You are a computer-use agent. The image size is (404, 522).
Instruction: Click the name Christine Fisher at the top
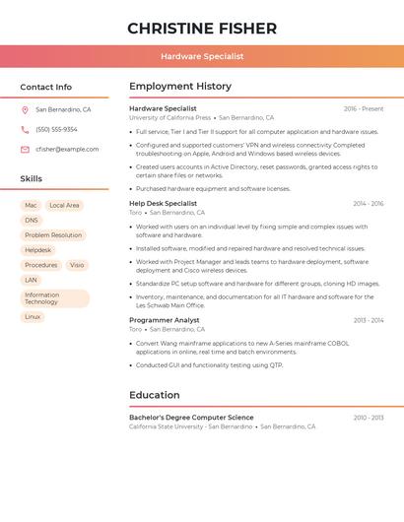coord(202,29)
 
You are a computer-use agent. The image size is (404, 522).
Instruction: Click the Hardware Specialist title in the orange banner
coord(202,57)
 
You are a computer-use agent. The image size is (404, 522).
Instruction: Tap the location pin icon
coord(25,110)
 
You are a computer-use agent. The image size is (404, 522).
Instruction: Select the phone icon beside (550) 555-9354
coord(25,130)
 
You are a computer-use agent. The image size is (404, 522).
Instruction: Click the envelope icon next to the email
coord(25,150)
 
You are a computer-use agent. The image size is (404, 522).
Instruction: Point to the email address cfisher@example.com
coord(67,150)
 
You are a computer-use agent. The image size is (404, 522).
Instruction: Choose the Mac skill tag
coord(31,206)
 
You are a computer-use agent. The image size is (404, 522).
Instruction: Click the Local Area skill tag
coord(64,206)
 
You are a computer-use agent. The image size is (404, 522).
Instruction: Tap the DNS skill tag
coord(32,221)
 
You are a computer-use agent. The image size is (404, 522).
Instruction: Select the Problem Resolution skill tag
coord(53,235)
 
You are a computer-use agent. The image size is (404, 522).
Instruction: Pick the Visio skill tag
coord(77,265)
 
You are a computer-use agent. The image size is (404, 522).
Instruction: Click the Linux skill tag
coord(33,317)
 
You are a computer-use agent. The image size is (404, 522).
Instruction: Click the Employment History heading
coord(180,87)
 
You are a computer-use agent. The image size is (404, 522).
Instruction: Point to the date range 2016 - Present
coord(364,108)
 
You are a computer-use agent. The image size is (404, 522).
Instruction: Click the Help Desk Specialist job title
coord(163,203)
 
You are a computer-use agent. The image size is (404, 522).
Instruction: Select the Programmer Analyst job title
coord(165,320)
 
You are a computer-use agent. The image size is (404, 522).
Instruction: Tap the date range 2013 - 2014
coord(369,320)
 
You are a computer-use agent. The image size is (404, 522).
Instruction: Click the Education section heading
coord(155,395)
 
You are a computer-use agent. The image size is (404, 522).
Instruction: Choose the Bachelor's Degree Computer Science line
coord(191,418)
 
